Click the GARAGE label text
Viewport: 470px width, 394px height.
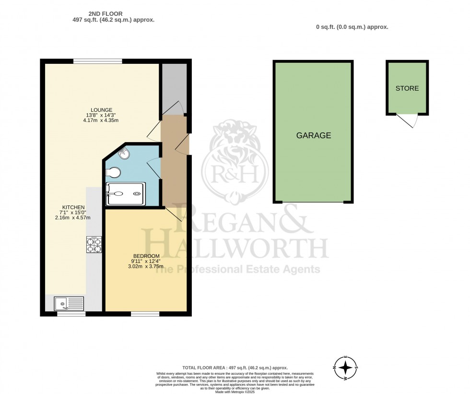[313, 136]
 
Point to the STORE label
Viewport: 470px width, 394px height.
[407, 88]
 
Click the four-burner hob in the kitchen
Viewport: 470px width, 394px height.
[94, 245]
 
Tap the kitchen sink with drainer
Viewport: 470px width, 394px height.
[69, 303]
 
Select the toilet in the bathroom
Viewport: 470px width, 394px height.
[113, 172]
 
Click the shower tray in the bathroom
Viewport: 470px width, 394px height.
[124, 194]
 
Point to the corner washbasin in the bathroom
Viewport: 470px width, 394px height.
[124, 153]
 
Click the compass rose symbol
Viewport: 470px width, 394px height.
[345, 368]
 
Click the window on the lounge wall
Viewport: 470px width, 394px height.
[97, 61]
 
